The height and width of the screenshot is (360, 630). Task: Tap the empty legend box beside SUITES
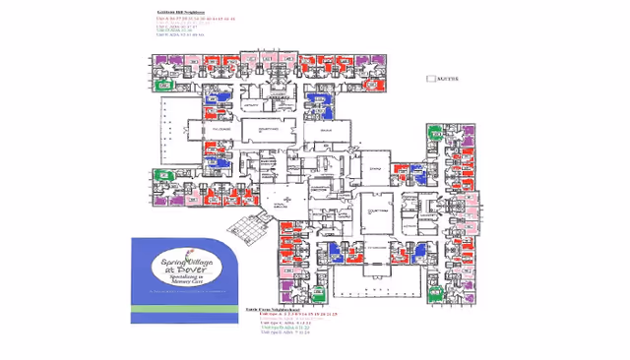click(x=428, y=78)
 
